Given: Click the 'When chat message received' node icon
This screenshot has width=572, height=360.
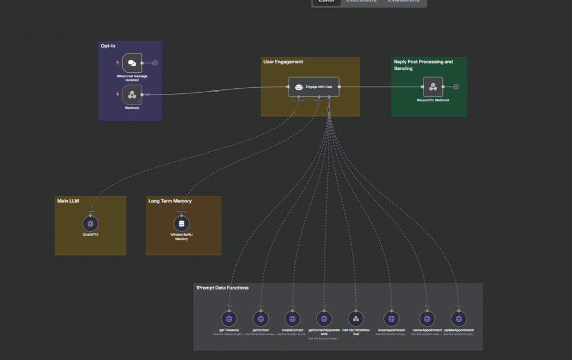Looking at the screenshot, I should click(132, 63).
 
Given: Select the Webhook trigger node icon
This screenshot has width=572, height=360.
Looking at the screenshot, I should click(132, 95).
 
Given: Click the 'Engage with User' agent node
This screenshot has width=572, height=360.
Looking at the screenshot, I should click(314, 87).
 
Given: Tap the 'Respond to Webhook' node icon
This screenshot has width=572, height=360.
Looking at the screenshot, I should click(433, 87).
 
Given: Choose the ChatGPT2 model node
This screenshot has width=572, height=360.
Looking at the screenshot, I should click(90, 224).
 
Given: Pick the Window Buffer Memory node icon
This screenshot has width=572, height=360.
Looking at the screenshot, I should click(182, 224).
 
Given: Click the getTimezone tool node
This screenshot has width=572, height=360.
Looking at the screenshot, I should click(229, 319).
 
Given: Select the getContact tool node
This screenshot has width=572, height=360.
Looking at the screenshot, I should click(261, 319).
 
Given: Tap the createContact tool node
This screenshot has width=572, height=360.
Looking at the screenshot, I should click(293, 319).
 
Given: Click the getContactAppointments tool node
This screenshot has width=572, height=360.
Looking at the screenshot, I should click(324, 319).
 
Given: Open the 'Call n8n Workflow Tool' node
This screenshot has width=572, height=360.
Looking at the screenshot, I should click(356, 319).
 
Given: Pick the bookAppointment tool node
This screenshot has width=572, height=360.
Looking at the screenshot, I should click(392, 319).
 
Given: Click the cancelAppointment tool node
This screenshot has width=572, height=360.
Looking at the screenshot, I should click(427, 319).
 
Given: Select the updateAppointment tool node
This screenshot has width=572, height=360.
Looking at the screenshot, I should click(459, 319).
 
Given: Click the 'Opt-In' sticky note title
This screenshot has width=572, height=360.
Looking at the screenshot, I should click(108, 46).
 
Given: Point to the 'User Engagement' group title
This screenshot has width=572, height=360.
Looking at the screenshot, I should click(283, 62).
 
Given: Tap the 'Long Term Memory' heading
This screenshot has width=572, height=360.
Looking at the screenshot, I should click(170, 201).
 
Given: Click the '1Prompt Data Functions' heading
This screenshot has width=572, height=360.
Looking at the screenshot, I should click(222, 288).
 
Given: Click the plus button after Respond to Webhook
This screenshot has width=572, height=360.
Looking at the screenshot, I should click(456, 87).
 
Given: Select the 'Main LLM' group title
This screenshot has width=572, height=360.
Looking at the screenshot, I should click(68, 201).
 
